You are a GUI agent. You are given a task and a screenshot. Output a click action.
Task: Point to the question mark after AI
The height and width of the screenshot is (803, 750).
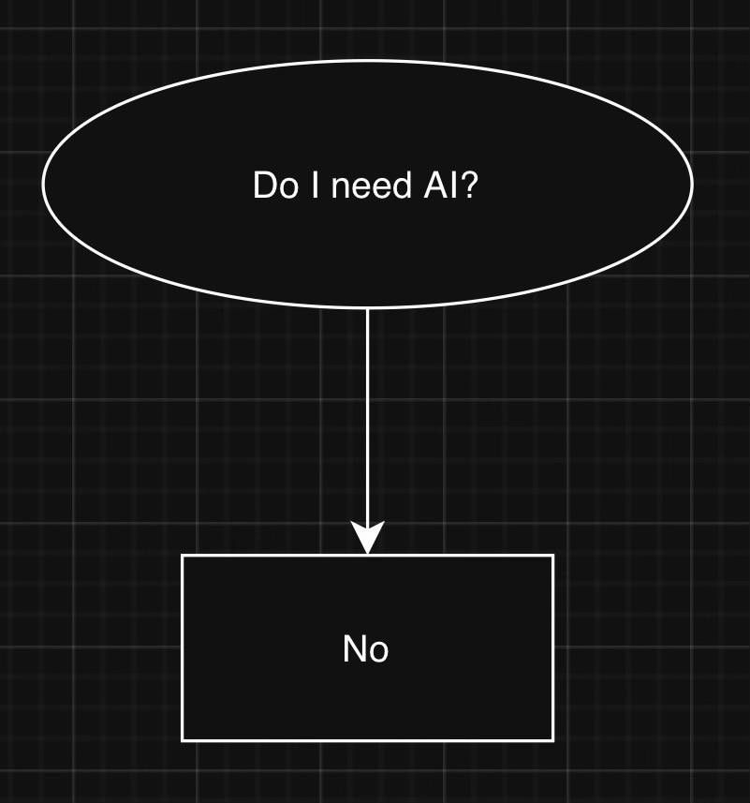click(469, 186)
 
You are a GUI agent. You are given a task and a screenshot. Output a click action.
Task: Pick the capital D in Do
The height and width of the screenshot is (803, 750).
click(265, 186)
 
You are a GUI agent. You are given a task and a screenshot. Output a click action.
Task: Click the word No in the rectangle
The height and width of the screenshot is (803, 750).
click(366, 648)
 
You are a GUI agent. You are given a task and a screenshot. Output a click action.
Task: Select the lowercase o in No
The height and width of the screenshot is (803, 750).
click(378, 651)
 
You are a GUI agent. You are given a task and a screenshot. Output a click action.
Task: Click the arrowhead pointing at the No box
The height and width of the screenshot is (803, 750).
click(367, 540)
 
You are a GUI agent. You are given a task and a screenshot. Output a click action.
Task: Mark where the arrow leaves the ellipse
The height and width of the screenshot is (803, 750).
click(367, 308)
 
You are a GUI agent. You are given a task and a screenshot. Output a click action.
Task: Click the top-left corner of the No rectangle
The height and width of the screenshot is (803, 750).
click(182, 556)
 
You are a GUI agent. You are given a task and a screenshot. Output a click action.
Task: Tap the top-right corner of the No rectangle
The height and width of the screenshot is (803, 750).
click(553, 556)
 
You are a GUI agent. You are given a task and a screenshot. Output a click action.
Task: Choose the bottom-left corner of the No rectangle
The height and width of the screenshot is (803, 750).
click(182, 740)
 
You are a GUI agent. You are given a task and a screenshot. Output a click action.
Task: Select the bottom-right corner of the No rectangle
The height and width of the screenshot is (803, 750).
click(553, 740)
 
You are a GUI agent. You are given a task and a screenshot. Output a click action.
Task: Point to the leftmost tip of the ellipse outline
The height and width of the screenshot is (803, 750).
click(43, 184)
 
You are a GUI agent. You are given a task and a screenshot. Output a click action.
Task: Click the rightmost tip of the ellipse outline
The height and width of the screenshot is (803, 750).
click(692, 184)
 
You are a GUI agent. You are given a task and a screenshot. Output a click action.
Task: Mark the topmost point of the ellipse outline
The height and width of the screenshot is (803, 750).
click(367, 61)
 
